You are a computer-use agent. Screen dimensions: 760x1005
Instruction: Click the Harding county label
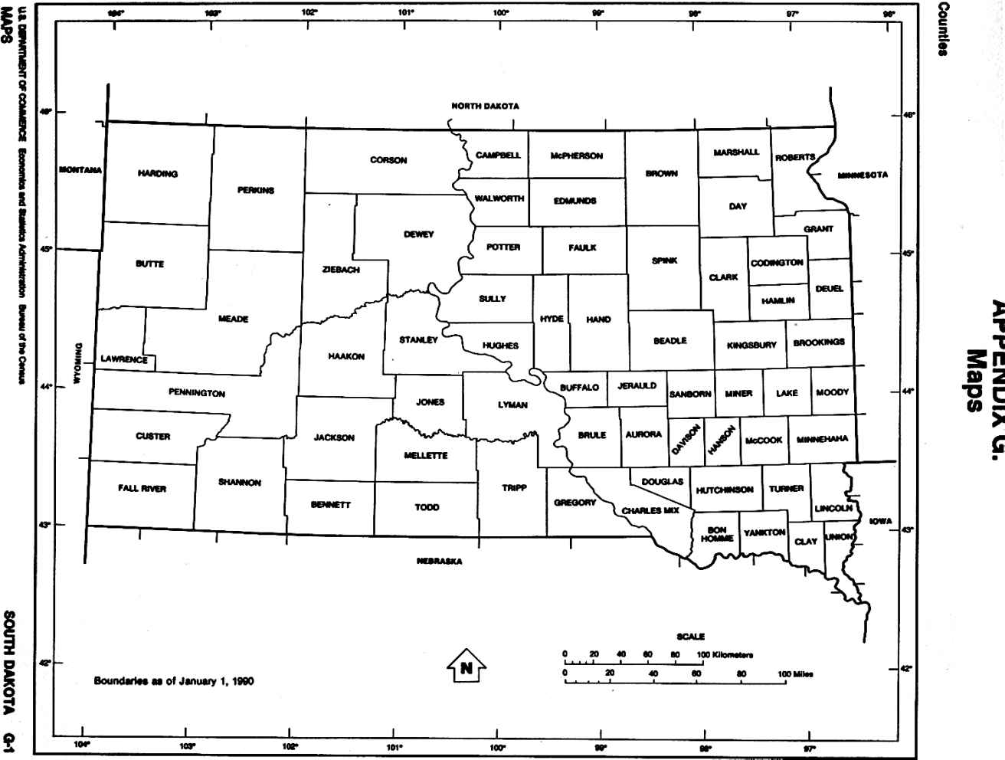157,174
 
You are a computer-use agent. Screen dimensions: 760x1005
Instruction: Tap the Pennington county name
197,393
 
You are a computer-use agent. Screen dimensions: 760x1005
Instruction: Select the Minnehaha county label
822,439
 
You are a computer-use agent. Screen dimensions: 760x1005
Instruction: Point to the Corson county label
388,160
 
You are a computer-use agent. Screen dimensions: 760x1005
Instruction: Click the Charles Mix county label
650,510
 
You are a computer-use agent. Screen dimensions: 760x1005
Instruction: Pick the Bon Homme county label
717,534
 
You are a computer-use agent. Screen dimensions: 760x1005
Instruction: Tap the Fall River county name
142,488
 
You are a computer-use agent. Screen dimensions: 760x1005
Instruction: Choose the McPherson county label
576,156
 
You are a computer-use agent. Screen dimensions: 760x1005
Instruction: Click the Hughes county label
500,346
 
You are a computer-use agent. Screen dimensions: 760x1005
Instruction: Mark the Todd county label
427,507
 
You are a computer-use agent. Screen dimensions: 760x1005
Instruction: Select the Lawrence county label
124,359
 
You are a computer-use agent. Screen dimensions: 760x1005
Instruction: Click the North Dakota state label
485,106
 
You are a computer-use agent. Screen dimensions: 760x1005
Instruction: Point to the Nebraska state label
439,562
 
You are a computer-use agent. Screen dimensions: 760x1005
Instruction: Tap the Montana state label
80,170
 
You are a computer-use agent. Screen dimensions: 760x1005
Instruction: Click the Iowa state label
880,521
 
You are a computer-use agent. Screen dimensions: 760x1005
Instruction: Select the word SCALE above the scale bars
690,637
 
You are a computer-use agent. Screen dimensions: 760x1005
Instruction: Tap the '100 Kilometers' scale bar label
725,654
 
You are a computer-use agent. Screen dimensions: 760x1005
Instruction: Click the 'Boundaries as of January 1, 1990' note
174,680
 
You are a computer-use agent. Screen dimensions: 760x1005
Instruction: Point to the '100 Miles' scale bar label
795,674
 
